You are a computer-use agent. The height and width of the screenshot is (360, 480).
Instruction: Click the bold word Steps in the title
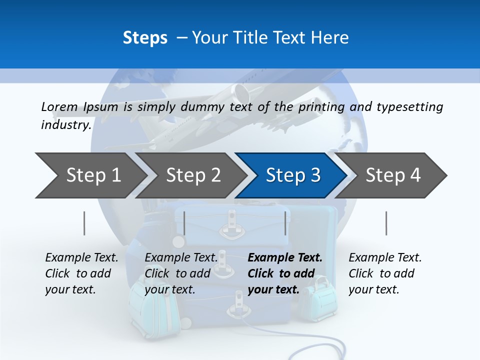click(145, 38)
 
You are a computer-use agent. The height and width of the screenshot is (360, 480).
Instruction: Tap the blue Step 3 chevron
click(293, 175)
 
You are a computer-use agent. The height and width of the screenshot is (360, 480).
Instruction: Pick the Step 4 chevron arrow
click(393, 175)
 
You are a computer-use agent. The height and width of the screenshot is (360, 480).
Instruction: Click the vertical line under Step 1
click(84, 223)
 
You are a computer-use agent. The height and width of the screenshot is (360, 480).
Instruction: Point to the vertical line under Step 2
click(184, 223)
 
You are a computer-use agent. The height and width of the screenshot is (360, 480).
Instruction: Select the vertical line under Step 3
click(285, 223)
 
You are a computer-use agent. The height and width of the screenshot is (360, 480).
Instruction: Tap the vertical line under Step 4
click(386, 223)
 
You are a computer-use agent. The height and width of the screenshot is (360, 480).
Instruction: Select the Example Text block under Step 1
click(81, 273)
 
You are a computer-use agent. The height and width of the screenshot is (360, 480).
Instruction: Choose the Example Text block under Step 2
click(181, 273)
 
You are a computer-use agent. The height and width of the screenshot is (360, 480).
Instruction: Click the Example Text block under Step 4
click(385, 273)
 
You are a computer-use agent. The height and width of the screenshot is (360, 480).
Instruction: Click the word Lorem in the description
click(59, 106)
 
